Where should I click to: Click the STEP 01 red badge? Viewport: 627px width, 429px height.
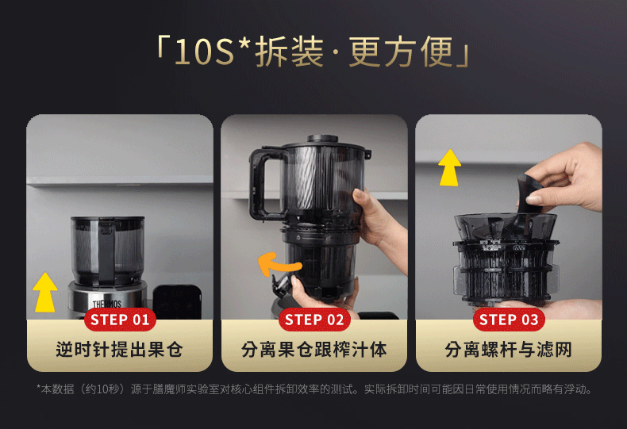[120, 320]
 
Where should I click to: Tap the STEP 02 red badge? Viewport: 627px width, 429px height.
[314, 320]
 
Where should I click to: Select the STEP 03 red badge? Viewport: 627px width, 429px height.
[509, 320]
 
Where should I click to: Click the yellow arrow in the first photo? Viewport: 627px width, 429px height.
[44, 293]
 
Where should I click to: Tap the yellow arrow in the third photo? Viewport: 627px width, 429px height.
[449, 168]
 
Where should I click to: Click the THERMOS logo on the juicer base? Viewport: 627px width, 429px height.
[107, 304]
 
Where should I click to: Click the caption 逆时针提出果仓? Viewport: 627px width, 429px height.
[120, 350]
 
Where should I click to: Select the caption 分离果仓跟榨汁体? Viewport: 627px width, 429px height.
[314, 350]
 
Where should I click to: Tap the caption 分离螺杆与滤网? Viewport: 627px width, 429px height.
[508, 350]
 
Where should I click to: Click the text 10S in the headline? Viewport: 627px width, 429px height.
[204, 52]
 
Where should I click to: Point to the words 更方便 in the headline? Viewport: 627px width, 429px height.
[401, 52]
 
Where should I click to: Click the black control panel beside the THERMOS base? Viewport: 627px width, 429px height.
[177, 301]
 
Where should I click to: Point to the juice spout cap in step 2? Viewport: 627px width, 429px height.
[280, 285]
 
